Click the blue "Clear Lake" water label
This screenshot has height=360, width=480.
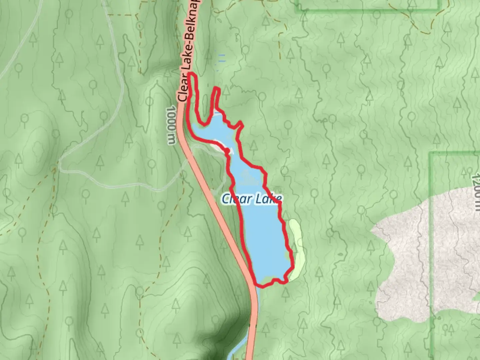252,199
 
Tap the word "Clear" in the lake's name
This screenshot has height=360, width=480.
236,199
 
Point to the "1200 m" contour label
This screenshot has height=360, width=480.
476,189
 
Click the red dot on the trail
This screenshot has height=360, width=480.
227,151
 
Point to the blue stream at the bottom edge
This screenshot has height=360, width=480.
237,353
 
